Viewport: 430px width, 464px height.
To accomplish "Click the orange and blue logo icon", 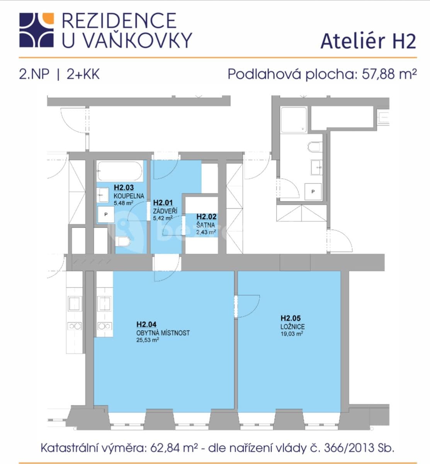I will coord(36,30).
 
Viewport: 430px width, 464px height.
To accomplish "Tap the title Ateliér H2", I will coord(368,41).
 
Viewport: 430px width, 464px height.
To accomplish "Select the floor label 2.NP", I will coord(34,73).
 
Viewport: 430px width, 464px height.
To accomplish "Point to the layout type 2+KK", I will coord(83,73).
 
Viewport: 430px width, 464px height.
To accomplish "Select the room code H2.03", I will coord(124,188).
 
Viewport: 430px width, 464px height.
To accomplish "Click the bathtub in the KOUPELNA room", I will coord(120,171).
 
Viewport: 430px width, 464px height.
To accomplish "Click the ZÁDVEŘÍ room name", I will coord(165,211).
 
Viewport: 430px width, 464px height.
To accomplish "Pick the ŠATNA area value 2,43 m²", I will coord(206,232).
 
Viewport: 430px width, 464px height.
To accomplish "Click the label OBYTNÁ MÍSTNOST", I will coord(163,333).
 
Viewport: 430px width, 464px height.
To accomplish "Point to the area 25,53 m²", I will coord(148,340).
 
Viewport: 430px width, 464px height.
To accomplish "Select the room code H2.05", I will coord(291,318).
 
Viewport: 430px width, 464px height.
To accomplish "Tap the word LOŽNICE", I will coord(292,327).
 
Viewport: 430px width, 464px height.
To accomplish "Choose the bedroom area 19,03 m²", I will coord(292,334).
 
